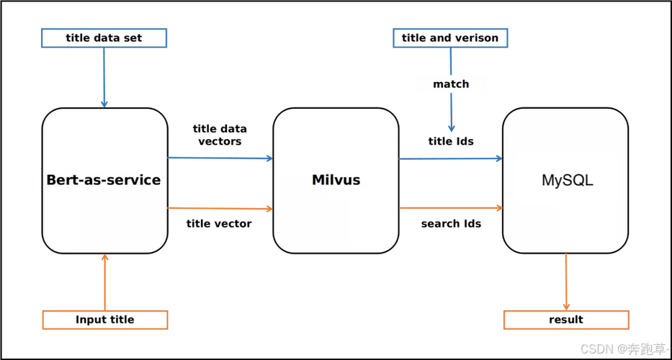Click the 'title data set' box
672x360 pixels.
coord(104,38)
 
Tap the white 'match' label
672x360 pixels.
coord(451,84)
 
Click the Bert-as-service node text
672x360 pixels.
coord(104,180)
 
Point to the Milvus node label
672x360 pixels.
coord(336,180)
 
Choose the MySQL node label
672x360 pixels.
coord(567,180)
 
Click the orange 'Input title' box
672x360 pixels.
coord(104,320)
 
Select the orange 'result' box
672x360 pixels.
coord(566,320)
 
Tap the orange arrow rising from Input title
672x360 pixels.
coord(105,282)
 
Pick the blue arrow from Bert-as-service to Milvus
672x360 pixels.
coord(220,158)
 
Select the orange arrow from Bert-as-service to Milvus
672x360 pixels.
coord(220,208)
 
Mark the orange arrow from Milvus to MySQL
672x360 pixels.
coord(451,208)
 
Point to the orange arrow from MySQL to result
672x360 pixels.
coord(566,282)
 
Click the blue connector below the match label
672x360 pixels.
coord(451,114)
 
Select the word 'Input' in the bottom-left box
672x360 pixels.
coord(90,320)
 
